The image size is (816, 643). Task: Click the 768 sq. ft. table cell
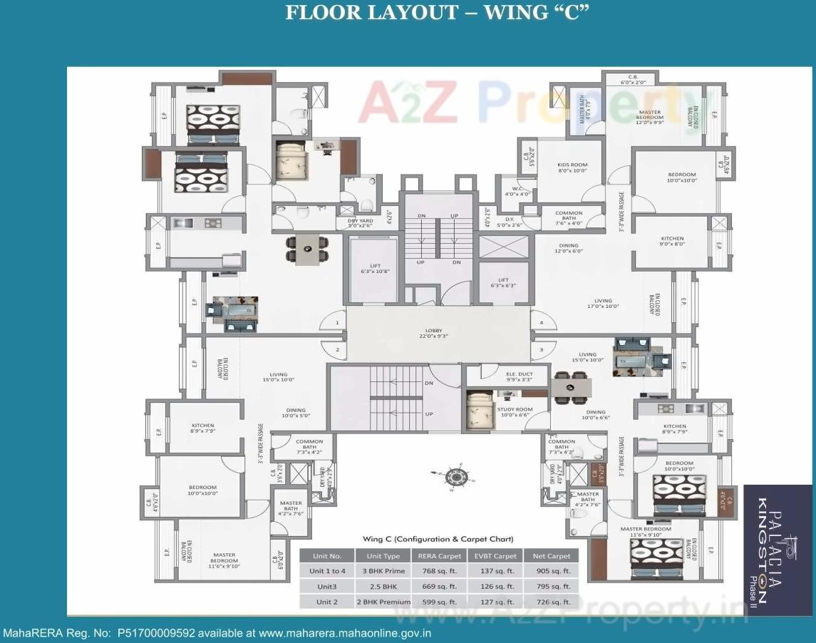click(438, 571)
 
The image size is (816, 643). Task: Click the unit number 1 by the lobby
click(336, 324)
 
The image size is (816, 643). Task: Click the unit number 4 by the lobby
click(542, 323)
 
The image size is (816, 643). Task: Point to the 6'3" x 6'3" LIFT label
click(503, 282)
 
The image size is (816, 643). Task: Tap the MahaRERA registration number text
click(217, 633)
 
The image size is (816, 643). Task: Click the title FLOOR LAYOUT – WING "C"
click(437, 14)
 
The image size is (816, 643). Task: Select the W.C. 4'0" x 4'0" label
click(518, 191)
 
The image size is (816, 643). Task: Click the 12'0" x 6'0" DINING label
click(569, 248)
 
